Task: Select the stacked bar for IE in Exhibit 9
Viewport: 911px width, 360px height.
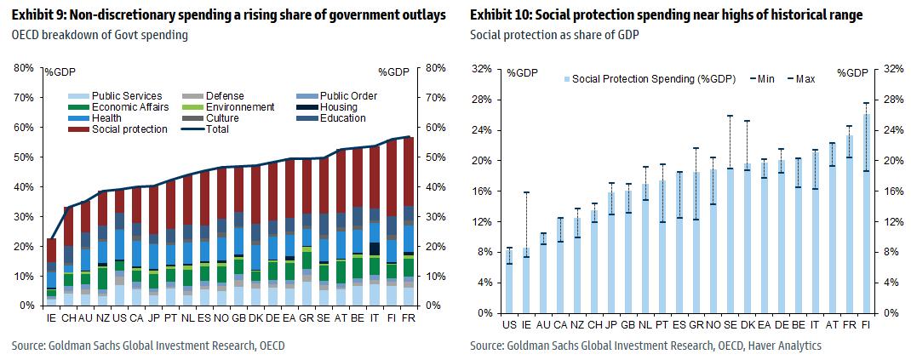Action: tap(51, 271)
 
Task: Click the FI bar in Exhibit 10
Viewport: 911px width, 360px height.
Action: tap(866, 213)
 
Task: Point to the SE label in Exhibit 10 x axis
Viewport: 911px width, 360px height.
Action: tap(730, 325)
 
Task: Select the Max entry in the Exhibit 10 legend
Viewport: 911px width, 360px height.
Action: tap(805, 79)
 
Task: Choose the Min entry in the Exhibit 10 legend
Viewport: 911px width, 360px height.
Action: tap(765, 79)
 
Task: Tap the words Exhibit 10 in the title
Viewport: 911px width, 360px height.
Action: tap(503, 15)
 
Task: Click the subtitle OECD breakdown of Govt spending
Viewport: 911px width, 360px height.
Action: tap(100, 35)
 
